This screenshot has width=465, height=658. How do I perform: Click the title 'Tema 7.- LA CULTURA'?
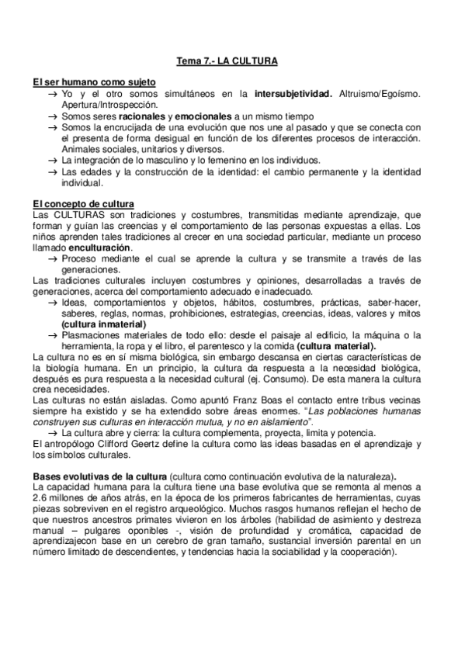(232, 60)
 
